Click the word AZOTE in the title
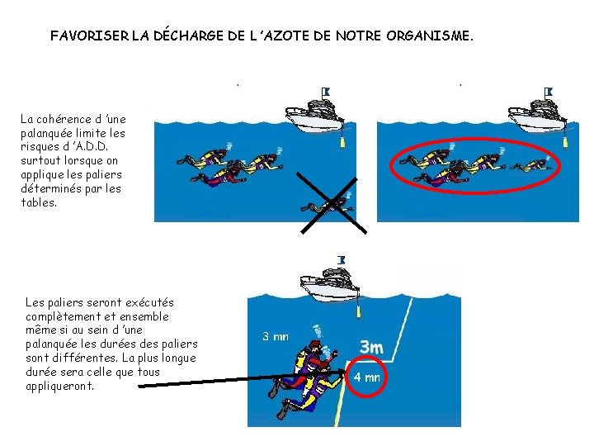coord(286,36)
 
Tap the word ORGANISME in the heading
coord(430,36)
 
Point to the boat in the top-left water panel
coord(314,116)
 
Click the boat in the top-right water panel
coord(537,116)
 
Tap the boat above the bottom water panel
coord(329,285)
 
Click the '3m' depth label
coord(371,347)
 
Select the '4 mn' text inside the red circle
coord(366,377)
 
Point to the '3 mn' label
coord(276,336)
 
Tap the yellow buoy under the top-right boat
coord(564,142)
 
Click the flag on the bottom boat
coord(342,260)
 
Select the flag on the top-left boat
coord(326,92)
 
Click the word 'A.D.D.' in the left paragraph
coord(91,147)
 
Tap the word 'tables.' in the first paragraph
coord(39,202)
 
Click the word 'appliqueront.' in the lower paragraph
coord(60,387)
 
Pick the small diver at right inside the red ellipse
coord(530,165)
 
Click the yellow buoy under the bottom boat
coord(357,311)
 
